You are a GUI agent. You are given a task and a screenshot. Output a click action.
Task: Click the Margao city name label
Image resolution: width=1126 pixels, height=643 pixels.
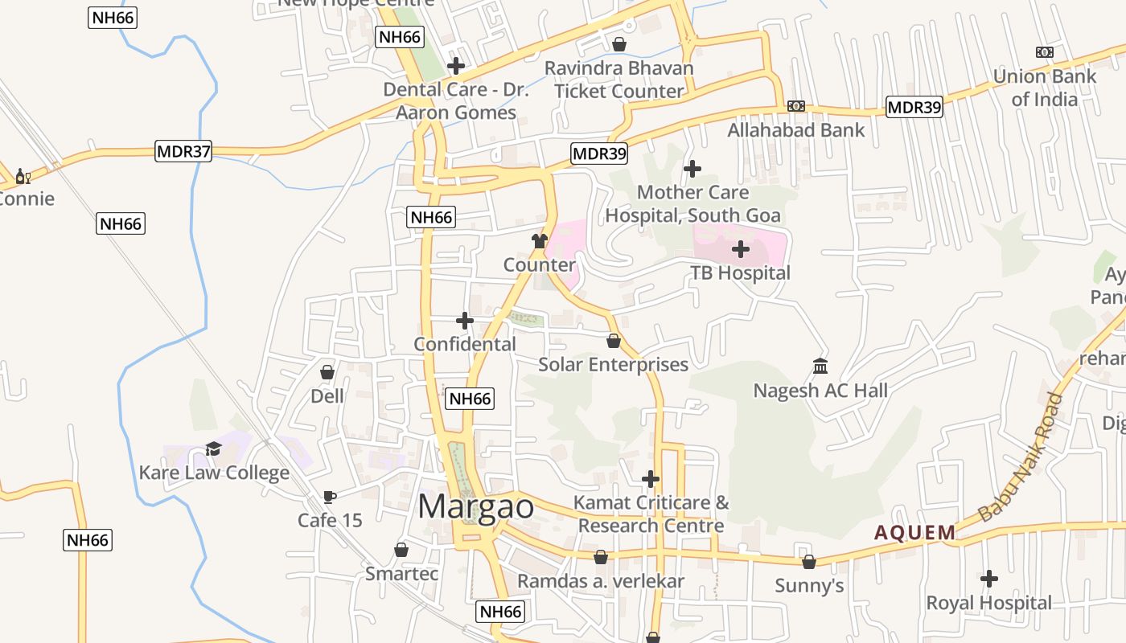[x=475, y=507]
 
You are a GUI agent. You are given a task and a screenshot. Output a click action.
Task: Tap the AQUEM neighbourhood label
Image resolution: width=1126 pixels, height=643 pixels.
[x=914, y=532]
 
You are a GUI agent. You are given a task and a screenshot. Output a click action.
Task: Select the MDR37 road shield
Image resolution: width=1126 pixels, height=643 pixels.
[x=183, y=151]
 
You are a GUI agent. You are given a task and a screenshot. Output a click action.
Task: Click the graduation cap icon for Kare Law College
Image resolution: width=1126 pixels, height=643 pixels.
[x=213, y=448]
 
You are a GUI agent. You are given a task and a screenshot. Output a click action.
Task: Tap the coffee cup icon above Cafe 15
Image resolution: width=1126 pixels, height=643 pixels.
[x=329, y=497]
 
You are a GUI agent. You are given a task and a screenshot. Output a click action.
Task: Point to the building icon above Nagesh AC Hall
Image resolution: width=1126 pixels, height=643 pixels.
[x=820, y=367]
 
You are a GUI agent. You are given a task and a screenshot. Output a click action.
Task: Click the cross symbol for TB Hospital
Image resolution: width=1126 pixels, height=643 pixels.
[x=740, y=249]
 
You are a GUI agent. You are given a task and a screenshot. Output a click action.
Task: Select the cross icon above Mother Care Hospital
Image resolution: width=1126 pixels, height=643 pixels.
[x=692, y=169]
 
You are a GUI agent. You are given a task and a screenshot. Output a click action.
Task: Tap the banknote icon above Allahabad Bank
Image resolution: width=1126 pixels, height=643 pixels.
[x=795, y=106]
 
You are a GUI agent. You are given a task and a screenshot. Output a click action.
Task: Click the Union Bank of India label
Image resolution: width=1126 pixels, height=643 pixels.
[x=1044, y=88]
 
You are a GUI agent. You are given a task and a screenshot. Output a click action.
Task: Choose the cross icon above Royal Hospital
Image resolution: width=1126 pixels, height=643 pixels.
[x=988, y=579]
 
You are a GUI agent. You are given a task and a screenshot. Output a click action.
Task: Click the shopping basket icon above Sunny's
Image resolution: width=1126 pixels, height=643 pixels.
[x=808, y=562]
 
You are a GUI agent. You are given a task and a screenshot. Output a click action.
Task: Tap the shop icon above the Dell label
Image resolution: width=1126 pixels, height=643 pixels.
[x=327, y=372]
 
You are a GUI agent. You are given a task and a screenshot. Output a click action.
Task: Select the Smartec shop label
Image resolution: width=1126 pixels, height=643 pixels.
[x=401, y=574]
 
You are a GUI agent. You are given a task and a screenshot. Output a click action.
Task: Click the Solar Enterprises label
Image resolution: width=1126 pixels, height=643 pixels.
[x=613, y=364]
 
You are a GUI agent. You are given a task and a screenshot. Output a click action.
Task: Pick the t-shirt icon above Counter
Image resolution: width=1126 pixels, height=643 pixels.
[x=539, y=241]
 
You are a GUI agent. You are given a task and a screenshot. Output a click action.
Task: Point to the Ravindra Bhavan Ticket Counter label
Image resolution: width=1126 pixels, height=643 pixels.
[x=618, y=80]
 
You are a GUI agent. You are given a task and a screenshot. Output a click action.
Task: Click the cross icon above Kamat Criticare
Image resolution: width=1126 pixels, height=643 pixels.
[x=650, y=480]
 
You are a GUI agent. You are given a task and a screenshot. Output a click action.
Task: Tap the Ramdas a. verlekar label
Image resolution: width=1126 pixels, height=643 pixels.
[x=600, y=581]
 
